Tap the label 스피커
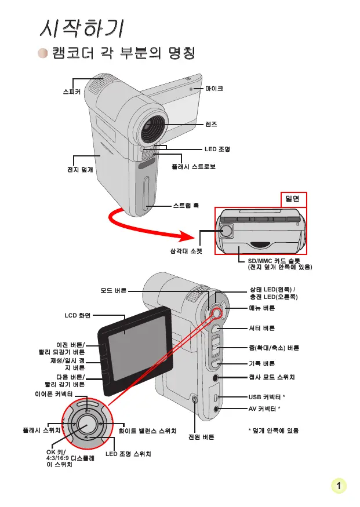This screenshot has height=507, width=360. [x=72, y=92]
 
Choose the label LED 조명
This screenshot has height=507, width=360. [x=217, y=149]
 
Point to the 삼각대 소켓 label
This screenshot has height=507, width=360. [x=182, y=251]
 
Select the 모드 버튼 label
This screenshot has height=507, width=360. [x=113, y=291]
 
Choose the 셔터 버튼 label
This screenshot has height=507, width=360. [x=261, y=328]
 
